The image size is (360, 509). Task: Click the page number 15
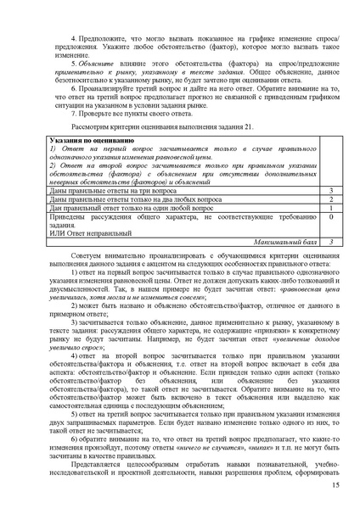[335, 484]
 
